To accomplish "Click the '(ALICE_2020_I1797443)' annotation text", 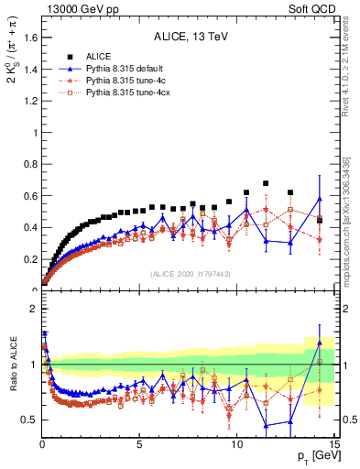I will click(189, 274).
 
